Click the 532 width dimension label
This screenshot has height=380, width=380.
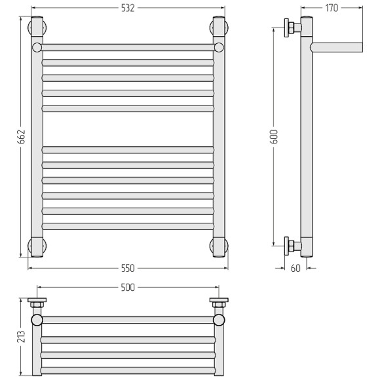click(128, 9)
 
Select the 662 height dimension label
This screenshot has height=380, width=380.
click(22, 137)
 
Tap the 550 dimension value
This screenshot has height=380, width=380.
click(128, 268)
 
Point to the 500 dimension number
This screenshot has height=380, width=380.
click(128, 288)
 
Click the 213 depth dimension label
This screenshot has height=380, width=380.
click(22, 336)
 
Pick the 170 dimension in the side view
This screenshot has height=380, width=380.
click(332, 9)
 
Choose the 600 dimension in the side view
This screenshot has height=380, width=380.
click(275, 137)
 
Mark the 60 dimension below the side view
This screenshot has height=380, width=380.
click(295, 268)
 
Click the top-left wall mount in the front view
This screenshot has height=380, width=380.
click(37, 27)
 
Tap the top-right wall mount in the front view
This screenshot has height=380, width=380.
click(219, 27)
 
